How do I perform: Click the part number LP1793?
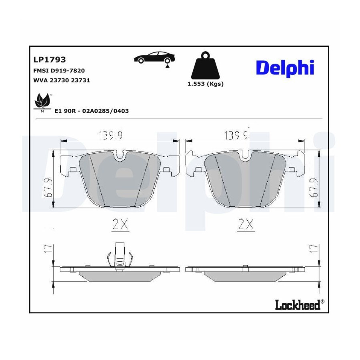point(50,60)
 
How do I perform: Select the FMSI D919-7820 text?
point(59,70)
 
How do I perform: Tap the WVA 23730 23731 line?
point(62,80)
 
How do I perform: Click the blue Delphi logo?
point(285,68)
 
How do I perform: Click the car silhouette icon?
point(154,57)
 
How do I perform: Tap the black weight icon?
point(205,66)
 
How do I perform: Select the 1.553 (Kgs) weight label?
point(206,84)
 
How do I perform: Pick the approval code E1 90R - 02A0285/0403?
point(92,111)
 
